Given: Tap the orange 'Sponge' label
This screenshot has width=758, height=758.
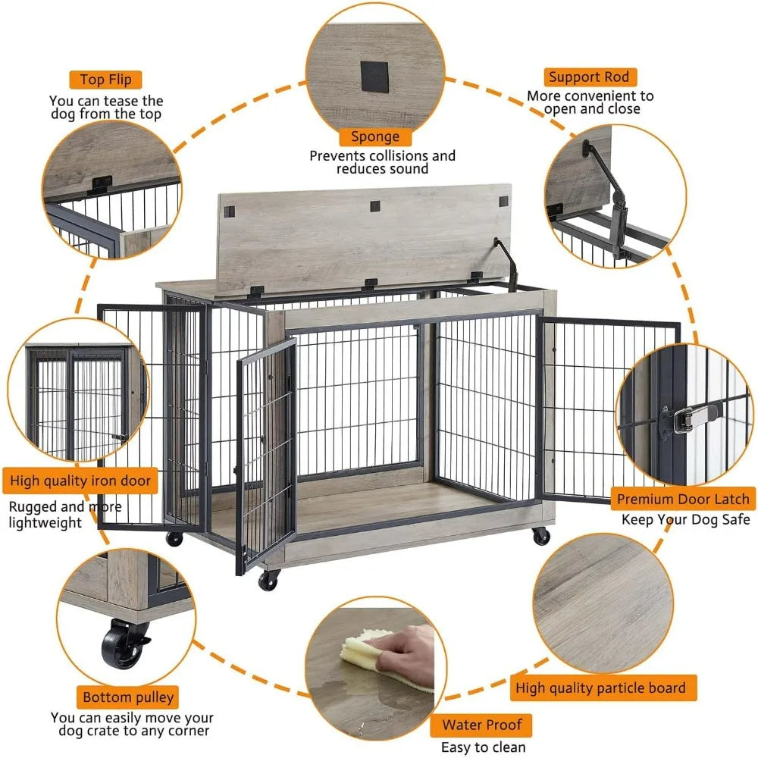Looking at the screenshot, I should coord(374,136).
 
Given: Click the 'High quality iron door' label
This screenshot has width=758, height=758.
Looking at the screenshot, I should coord(80,481).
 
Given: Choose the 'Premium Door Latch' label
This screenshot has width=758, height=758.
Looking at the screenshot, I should coord(683,499).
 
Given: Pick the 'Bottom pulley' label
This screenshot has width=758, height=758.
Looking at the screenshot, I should coord(128,697).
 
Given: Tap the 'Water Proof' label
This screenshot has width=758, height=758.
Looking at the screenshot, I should coord(482,725).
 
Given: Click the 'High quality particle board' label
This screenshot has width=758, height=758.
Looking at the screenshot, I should coord(600,688).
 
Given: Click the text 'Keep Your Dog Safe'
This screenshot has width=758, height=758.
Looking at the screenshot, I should coord(685,519).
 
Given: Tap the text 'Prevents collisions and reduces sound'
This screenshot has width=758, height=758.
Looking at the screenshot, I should coord(382,162).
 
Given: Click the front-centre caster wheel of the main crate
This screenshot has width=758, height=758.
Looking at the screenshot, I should coord(268,580).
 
